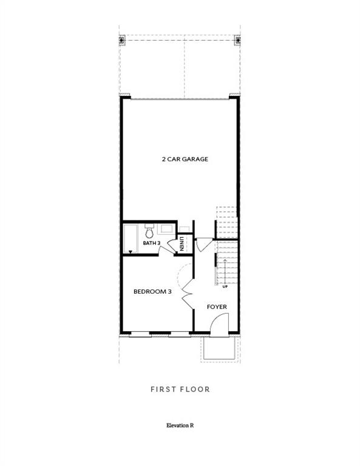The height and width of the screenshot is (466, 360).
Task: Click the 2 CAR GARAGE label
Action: [185, 159]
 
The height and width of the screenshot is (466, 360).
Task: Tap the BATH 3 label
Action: [151, 243]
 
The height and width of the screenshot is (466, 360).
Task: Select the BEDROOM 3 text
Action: [152, 291]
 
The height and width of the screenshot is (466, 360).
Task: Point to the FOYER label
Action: [217, 307]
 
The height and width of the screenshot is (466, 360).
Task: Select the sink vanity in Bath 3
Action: [165, 229]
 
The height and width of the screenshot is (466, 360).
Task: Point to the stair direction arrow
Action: [225, 270]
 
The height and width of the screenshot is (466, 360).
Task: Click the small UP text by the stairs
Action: [225, 286]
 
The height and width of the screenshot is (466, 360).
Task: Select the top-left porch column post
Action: [122, 41]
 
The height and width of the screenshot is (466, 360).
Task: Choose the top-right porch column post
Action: [237, 41]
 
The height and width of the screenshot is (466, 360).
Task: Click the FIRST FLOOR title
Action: [180, 389]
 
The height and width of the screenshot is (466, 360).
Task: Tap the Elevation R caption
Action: [180, 425]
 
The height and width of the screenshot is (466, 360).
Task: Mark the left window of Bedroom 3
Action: [140, 333]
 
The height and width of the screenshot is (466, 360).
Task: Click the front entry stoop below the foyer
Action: [219, 348]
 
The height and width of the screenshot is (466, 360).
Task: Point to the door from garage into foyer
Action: [203, 243]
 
